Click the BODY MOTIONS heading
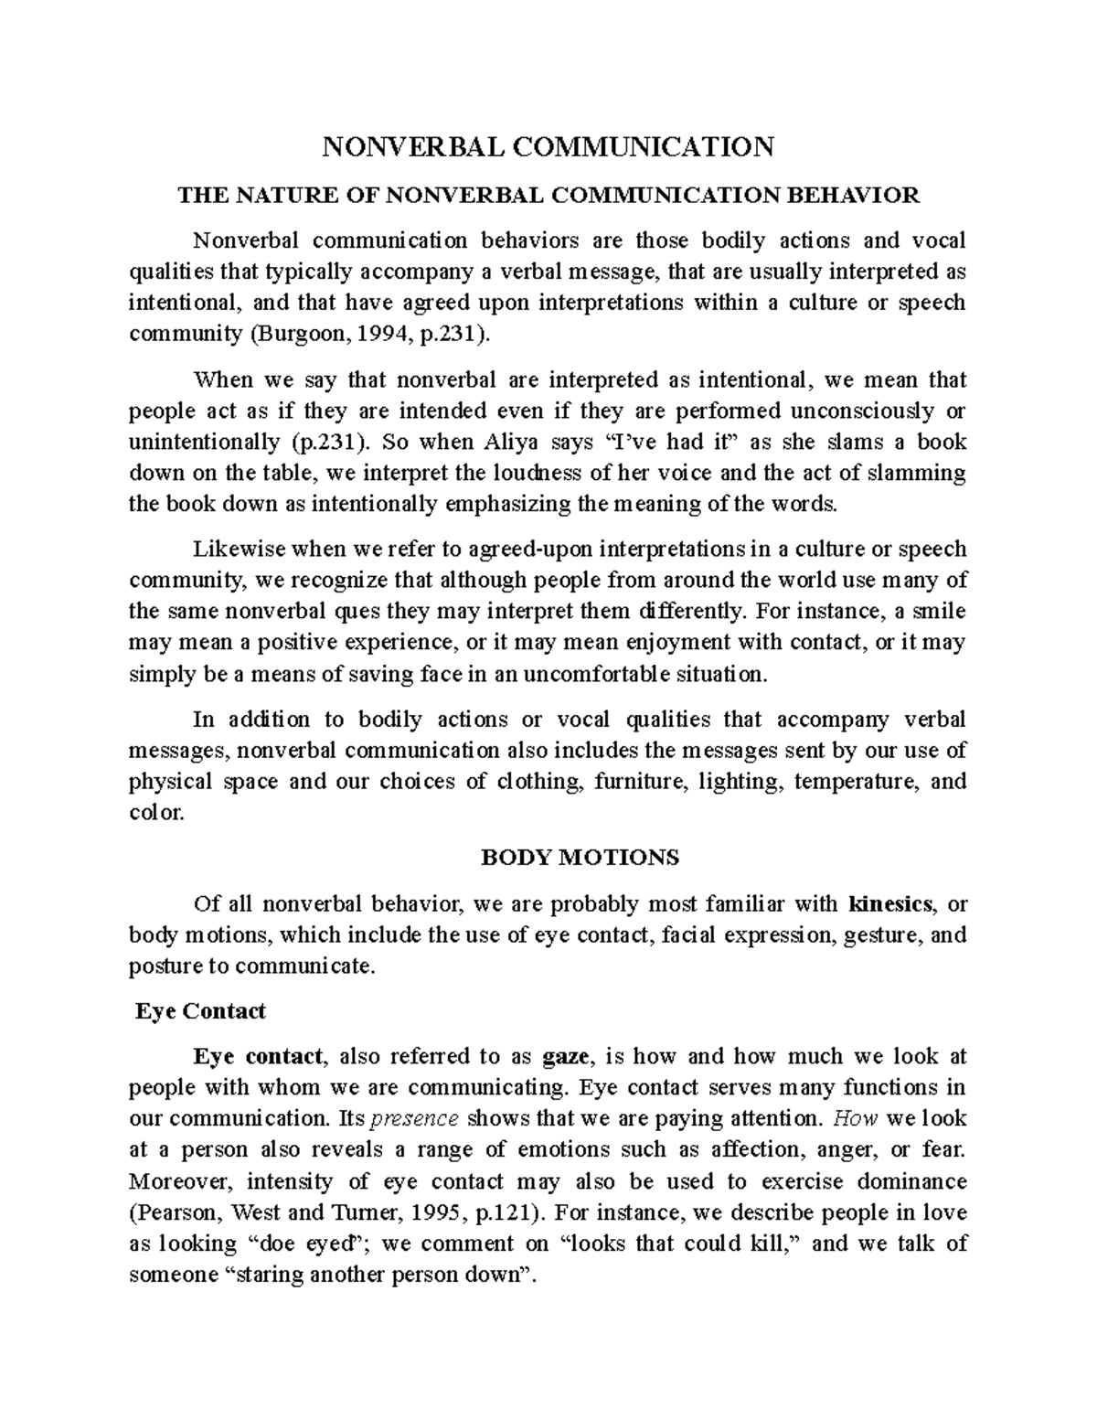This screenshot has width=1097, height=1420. point(580,858)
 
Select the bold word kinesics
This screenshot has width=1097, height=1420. point(890,904)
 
